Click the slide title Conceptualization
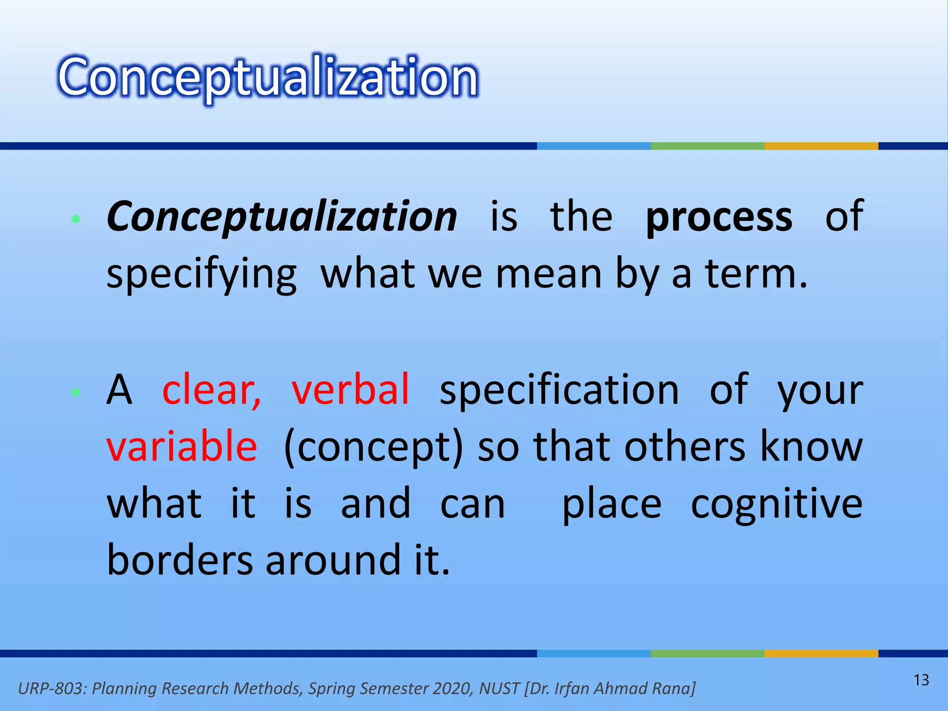pyautogui.click(x=268, y=78)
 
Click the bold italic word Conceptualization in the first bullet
pyautogui.click(x=281, y=217)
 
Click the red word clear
pyautogui.click(x=211, y=390)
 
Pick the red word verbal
pyautogui.click(x=350, y=390)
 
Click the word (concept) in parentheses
pyautogui.click(x=373, y=447)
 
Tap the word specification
pyautogui.click(x=559, y=390)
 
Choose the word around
pyautogui.click(x=333, y=560)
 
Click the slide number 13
pyautogui.click(x=921, y=680)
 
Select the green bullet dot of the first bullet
pyautogui.click(x=76, y=219)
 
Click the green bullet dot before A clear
pyautogui.click(x=76, y=393)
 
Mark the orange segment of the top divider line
pyautogui.click(x=821, y=146)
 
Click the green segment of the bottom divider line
pyautogui.click(x=707, y=653)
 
